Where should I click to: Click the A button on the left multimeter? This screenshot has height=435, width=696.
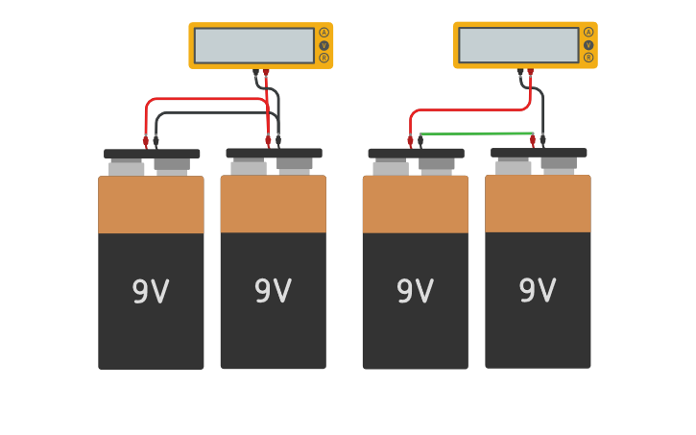(x=324, y=33)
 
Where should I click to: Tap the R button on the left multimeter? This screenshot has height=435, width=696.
(x=324, y=58)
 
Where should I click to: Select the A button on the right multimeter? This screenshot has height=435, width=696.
(x=588, y=32)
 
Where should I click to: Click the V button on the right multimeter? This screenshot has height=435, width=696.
(x=588, y=44)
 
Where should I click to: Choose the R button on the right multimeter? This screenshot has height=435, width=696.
(x=588, y=57)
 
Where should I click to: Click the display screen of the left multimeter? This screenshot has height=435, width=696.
(x=254, y=45)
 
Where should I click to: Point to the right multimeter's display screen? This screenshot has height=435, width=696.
(x=518, y=44)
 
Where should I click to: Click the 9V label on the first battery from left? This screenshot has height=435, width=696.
(x=151, y=292)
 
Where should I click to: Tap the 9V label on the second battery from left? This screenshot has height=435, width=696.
(x=273, y=291)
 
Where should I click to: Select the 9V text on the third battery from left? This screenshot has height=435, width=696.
(x=415, y=291)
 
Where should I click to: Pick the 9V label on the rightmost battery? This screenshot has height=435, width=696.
(x=538, y=290)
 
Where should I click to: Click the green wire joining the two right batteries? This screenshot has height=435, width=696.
(x=477, y=133)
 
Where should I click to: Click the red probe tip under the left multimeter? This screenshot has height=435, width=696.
(x=266, y=72)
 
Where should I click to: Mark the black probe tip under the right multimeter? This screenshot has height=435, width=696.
(x=520, y=72)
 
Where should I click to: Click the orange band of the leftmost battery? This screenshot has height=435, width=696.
(x=151, y=205)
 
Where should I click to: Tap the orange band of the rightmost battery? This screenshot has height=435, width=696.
(x=538, y=204)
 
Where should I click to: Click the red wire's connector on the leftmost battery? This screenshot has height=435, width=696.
(x=146, y=141)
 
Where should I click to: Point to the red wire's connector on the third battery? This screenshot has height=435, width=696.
(x=410, y=141)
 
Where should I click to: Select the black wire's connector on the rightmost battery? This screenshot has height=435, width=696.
(x=542, y=140)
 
